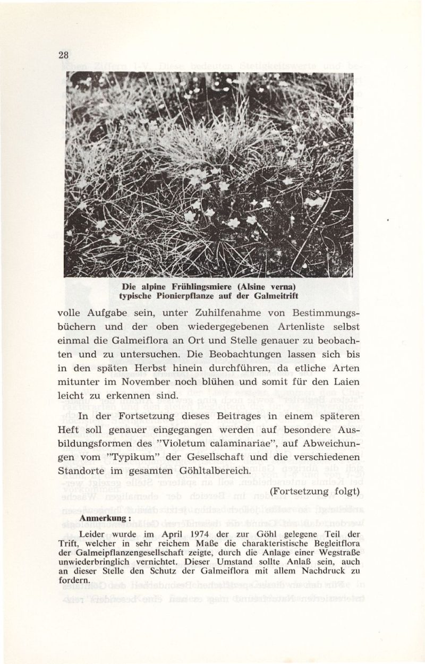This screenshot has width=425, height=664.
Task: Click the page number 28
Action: (64, 55)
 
